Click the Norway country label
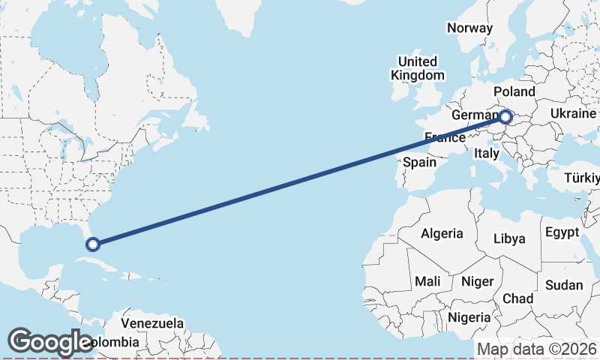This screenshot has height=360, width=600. (469, 28)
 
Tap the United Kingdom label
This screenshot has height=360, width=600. (417, 68)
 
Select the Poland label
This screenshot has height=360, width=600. (514, 91)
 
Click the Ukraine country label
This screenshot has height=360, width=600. (573, 112)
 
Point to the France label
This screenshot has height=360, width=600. (444, 137)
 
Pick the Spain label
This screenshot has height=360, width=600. (419, 161)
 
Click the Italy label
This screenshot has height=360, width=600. (486, 153)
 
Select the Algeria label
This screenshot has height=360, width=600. (442, 233)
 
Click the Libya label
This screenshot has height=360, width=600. (509, 239)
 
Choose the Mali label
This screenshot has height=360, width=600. (427, 281)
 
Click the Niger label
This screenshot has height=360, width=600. (478, 281)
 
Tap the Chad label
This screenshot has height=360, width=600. (517, 298)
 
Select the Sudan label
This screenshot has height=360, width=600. (564, 285)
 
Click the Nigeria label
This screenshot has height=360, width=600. (469, 317)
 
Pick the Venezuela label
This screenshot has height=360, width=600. (152, 323)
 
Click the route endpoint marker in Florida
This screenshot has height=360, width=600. (93, 244)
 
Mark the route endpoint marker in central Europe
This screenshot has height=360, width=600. (506, 117)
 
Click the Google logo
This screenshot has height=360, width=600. (50, 342)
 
